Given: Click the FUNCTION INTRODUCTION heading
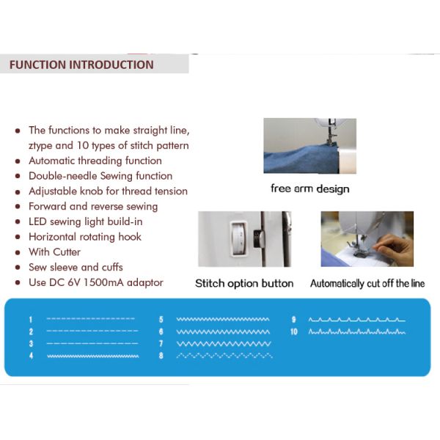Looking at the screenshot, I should pos(81,65).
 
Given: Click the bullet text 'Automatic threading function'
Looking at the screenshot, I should pos(95,161).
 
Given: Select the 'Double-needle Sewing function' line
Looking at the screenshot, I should pos(100,176).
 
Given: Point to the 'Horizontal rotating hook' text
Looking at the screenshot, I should pos(85,237).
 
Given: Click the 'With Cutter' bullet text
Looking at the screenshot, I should pos(54,252).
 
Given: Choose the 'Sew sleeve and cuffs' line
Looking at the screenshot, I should pos(76,267).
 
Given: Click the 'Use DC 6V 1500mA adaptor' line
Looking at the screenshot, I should pos(96,282).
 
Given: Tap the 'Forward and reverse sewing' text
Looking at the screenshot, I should pos(93,206).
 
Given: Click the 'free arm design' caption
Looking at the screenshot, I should pos(309,188).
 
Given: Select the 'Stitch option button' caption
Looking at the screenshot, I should pos(244,283).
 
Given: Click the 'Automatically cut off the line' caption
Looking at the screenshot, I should pos(367,283).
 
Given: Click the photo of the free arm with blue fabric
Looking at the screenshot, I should pos(309,146).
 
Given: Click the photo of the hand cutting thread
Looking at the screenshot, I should pos(367,239).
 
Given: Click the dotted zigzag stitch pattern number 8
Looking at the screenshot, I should pos(224,356).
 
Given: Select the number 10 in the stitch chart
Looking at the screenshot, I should pos(294,332).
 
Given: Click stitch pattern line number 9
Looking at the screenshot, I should pos(356,320).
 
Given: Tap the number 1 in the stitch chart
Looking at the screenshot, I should pos(31,320).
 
